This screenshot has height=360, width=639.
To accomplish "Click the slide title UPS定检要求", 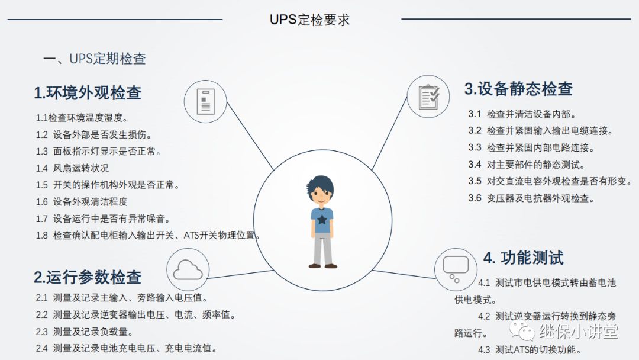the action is point(309,20).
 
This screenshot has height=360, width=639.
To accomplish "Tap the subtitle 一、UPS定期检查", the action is point(95,59).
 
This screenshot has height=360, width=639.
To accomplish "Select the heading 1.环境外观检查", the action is point(88,93).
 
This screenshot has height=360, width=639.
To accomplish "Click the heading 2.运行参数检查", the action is point(88,277).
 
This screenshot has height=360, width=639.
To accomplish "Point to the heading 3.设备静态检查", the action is point(518,89).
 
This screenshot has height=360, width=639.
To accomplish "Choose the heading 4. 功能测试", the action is point(524,258).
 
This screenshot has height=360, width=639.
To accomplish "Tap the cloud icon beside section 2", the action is point(188,270).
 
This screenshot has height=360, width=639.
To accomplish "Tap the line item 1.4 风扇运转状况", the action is point(72,168).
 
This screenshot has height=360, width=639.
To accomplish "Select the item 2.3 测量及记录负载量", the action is point(85,332).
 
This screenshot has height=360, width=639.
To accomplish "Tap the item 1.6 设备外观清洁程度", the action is point(82,202).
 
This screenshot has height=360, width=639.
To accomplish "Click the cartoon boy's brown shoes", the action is point(322,266).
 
